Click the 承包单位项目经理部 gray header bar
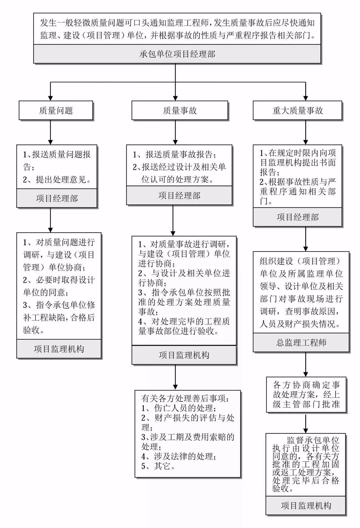coord(177,54)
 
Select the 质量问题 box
coord(56,111)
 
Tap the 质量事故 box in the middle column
coord(180,111)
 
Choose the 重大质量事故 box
coord(298,111)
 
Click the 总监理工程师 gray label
coord(301,342)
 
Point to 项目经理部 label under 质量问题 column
coord(57,198)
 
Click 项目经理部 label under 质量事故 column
coord(179,195)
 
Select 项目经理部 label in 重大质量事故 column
coord(298,217)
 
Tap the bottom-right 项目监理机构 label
coord(306,505)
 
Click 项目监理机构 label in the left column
coord(59,349)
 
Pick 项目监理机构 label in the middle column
coord(184,355)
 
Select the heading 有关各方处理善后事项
coord(185,398)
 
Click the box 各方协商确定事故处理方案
coord(306,394)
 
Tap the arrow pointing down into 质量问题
coord(50,94)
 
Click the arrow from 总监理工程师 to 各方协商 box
coord(306,366)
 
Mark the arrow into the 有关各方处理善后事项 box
coord(175,378)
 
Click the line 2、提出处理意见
coord(57,179)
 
